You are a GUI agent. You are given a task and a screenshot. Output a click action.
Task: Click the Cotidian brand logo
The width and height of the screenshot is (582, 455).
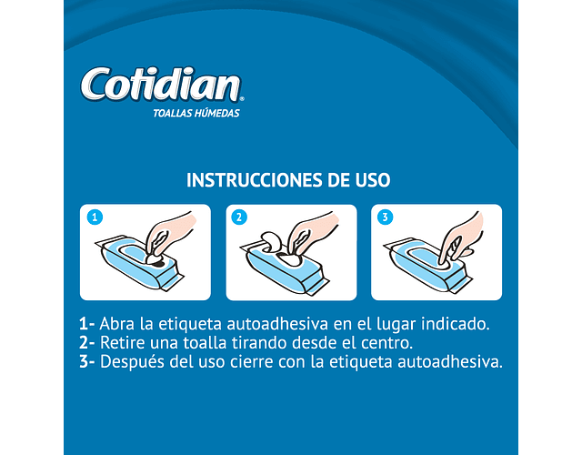162,85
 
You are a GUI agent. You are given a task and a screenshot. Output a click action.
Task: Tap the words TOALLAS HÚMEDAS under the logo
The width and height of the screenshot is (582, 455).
196,113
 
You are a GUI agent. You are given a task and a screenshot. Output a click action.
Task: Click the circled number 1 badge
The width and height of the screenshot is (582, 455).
95,217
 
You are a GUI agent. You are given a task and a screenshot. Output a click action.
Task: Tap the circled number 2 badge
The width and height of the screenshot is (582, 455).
239,217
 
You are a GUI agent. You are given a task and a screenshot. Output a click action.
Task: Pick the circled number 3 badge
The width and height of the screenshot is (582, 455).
385,217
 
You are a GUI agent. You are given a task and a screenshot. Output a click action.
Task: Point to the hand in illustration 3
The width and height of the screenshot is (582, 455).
460,238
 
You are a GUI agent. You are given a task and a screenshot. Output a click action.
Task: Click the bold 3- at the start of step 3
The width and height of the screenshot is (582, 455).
87,362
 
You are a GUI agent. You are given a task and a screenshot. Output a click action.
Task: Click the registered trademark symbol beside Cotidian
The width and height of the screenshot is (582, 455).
242,99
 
